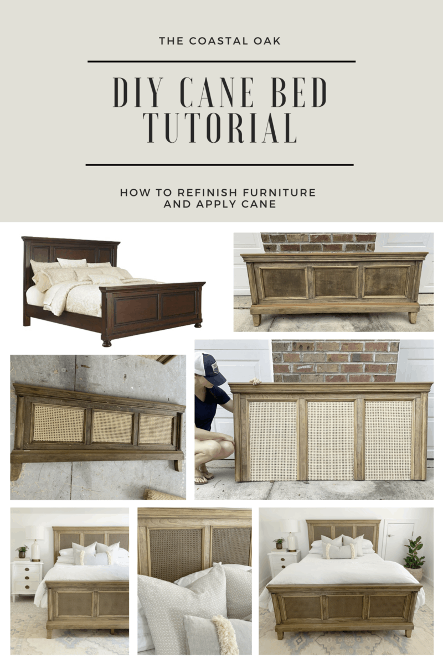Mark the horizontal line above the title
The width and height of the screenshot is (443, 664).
pyautogui.click(x=221, y=61)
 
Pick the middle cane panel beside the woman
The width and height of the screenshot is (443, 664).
pyautogui.click(x=331, y=440)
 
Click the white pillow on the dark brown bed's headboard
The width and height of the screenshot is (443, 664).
pyautogui.click(x=71, y=263)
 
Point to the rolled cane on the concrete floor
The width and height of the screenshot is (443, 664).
pyautogui.click(x=163, y=494)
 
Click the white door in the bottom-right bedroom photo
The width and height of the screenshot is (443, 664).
pyautogui.click(x=399, y=539)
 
